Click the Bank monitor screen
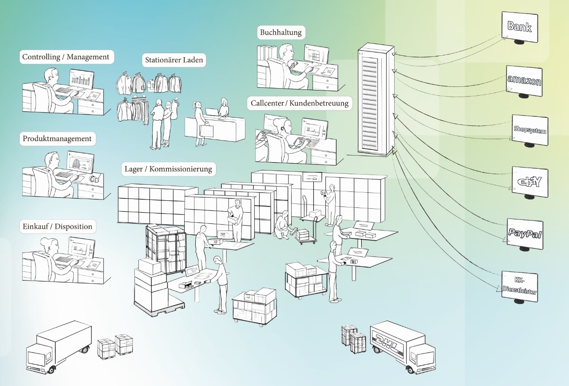[x=519, y=27]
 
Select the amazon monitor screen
[x=524, y=81]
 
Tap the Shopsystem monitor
[x=530, y=130]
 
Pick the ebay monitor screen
[x=529, y=181]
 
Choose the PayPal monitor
[x=525, y=234]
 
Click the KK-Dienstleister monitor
[x=519, y=286]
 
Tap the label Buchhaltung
[x=281, y=32]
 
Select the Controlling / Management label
[x=66, y=57]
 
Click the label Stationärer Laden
[x=175, y=60]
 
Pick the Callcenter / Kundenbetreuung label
[x=300, y=103]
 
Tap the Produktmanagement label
[x=57, y=138]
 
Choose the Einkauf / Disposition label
[x=57, y=226]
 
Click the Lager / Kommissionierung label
[x=168, y=169]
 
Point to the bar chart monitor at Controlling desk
[x=81, y=79]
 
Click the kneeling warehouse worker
[x=283, y=225]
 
